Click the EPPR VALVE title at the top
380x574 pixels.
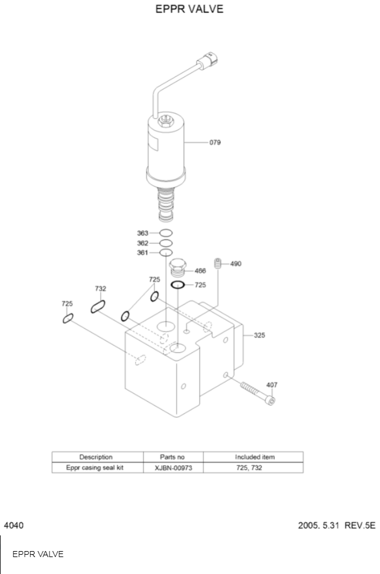189,9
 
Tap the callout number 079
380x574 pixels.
215,143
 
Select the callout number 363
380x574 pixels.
142,233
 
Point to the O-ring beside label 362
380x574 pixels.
166,243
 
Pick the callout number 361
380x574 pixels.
142,253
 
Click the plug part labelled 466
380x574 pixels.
177,266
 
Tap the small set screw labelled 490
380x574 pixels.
219,263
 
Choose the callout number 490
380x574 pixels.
236,264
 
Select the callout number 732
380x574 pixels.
100,289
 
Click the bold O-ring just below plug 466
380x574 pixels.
177,284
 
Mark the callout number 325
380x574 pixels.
259,335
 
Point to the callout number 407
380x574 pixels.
271,384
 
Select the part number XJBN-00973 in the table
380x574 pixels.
173,468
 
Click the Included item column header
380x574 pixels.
254,457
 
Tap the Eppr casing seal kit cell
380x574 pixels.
97,468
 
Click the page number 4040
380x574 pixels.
14,526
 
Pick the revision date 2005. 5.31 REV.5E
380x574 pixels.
337,526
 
